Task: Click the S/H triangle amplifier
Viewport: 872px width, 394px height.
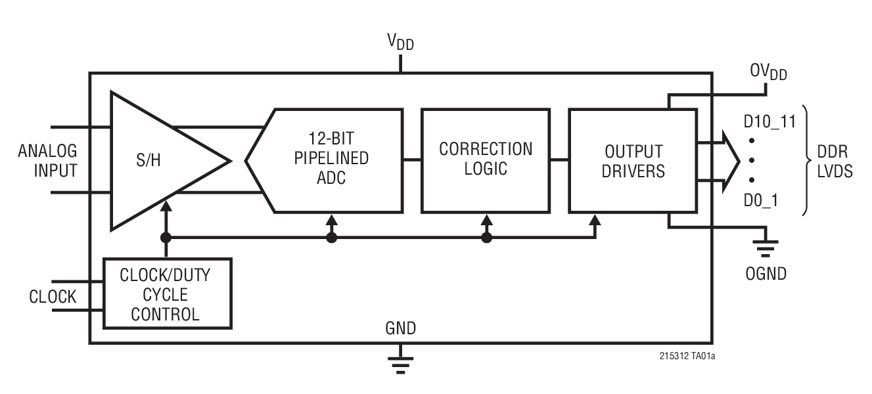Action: click(158, 161)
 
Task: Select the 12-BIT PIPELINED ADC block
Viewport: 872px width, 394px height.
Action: click(332, 160)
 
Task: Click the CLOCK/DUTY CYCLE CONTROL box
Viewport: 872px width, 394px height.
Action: click(168, 294)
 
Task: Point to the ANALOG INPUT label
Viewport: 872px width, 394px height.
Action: click(47, 161)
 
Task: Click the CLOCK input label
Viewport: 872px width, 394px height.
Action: click(53, 297)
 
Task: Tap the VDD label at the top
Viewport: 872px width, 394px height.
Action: click(400, 42)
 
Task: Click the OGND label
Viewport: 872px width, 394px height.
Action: click(766, 273)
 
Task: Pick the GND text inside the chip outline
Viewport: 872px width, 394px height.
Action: click(400, 328)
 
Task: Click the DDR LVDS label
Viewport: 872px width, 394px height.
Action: click(834, 161)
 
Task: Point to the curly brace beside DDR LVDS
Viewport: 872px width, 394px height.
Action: click(806, 161)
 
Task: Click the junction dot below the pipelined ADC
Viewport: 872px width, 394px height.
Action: click(332, 238)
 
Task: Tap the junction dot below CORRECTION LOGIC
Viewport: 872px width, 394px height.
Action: click(486, 238)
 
